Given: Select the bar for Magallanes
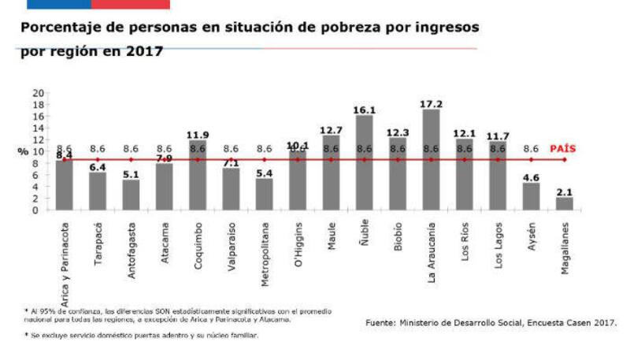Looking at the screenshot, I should tap(565, 203).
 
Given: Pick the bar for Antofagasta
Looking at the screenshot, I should tap(131, 195).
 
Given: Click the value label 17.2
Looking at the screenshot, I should tap(431, 103).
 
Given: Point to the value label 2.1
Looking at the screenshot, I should tap(565, 191).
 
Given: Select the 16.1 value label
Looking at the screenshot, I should tap(364, 110).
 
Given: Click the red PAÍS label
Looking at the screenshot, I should tap(565, 148).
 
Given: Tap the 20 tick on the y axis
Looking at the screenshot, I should tap(38, 92).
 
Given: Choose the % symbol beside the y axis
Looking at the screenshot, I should tap(24, 151).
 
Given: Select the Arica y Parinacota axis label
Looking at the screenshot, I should tap(64, 257).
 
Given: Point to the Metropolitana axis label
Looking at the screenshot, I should tap(265, 252).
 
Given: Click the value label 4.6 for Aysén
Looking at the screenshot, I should tap(531, 176).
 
